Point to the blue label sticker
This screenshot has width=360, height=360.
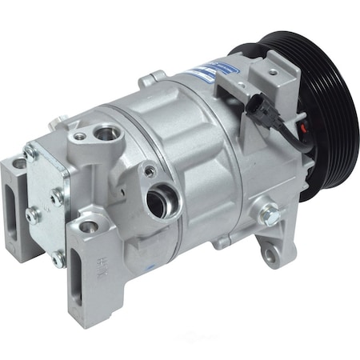(x=206, y=73)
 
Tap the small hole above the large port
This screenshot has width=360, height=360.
(x=150, y=170)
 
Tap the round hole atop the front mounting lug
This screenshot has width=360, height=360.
(x=89, y=226)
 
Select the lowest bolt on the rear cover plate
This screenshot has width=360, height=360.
(x=58, y=258)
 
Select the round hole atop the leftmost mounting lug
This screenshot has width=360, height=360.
(x=18, y=163)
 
